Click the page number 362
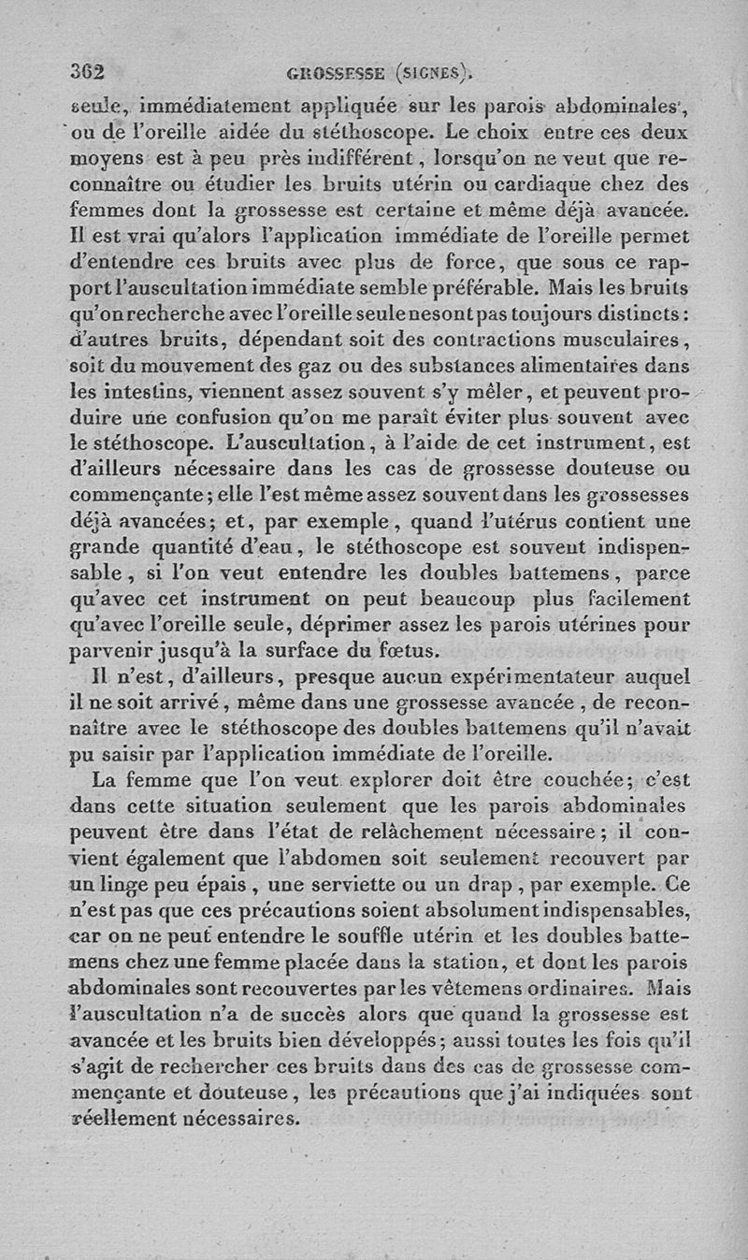tap(86, 70)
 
